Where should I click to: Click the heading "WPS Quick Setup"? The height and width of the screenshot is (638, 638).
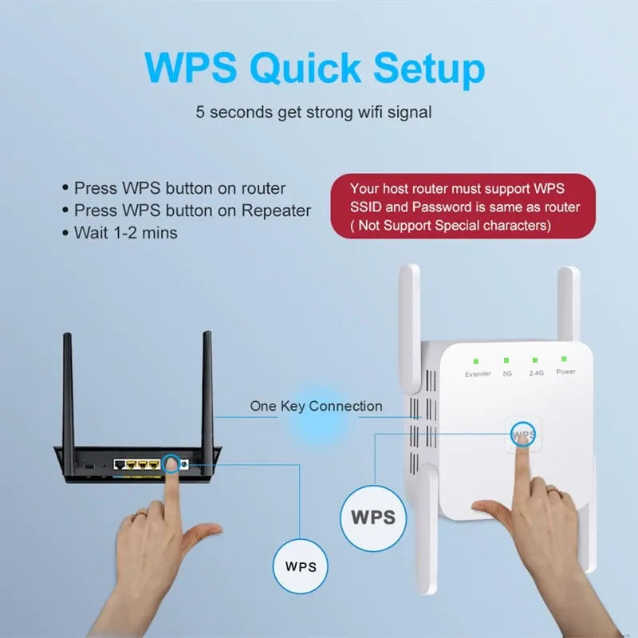(314, 69)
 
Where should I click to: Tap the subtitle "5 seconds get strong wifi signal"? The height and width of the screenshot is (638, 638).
(313, 112)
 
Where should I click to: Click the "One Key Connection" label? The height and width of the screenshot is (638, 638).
(316, 406)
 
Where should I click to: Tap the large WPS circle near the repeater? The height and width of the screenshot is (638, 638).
(374, 517)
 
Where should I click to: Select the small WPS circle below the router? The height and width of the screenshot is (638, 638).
(300, 567)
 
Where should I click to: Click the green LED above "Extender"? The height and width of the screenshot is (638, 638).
(476, 360)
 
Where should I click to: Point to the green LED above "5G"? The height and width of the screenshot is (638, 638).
(506, 360)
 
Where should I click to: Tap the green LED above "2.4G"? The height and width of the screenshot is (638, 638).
(535, 360)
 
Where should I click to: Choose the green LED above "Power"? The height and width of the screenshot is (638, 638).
(564, 360)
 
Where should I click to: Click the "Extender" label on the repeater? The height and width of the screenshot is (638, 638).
(478, 373)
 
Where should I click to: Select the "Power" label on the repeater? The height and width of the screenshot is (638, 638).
(565, 372)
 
